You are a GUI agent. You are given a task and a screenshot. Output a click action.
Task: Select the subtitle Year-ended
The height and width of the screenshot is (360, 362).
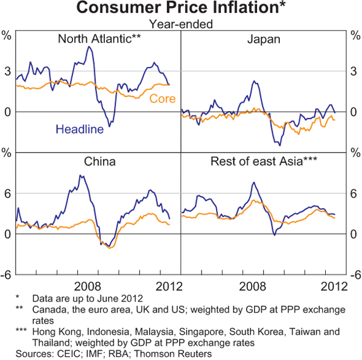[x=181, y=24]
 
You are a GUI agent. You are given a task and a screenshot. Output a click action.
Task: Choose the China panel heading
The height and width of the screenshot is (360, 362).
[x=100, y=162]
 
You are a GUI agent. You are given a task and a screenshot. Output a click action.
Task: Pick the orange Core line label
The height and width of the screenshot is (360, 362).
[x=161, y=99]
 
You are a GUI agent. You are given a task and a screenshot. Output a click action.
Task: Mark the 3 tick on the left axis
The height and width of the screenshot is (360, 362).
[x=8, y=71]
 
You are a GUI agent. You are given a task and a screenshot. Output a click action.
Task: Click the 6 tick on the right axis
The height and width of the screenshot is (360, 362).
[x=353, y=193]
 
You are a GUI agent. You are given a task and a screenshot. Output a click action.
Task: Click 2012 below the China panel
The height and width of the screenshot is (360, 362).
[x=168, y=284]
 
